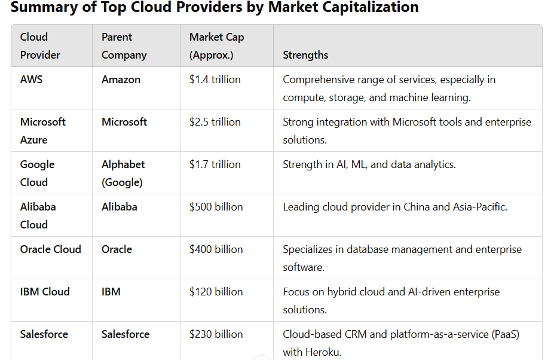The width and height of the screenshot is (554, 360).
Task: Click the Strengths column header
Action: [x=305, y=55]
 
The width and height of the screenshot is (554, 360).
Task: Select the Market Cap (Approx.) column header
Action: [x=216, y=46]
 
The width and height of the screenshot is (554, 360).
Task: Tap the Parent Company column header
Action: [x=124, y=46]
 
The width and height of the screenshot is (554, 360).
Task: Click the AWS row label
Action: [x=31, y=80]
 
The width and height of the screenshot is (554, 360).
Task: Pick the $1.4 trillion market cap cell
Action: [x=215, y=80]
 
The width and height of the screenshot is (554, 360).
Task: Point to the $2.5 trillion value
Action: [x=215, y=122]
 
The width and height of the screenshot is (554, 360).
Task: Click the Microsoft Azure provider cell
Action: [x=42, y=130]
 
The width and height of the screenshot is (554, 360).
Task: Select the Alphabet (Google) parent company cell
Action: [x=123, y=173]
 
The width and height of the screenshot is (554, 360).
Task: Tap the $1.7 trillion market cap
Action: [x=215, y=164]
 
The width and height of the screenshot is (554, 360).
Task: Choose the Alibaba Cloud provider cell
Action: [x=38, y=215]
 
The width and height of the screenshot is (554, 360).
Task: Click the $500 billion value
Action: [x=216, y=207]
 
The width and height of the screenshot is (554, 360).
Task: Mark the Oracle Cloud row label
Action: [x=50, y=249]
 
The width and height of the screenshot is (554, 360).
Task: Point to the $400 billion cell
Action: [x=216, y=249]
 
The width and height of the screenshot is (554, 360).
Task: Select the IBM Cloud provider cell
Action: [x=45, y=292]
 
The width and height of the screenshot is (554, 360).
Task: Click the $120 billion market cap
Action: [x=216, y=292]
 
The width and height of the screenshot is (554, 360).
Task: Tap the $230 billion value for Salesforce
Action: [x=216, y=334]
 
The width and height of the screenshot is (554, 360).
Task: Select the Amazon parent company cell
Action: [x=121, y=80]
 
